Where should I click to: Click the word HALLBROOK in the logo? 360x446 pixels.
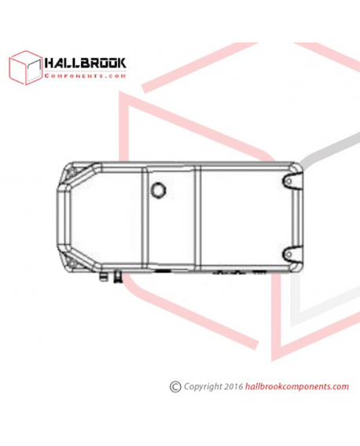pos(85,63)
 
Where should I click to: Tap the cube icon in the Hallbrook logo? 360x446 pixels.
pos(26,68)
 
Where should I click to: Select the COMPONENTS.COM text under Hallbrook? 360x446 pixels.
pos(85,76)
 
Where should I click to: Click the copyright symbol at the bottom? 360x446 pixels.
pos(175,387)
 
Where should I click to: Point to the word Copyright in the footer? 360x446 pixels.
pos(203,387)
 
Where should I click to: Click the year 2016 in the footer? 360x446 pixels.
pos(233,386)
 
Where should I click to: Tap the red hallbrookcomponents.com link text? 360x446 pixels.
pos(297,386)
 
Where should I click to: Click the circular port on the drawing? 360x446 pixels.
pos(158,190)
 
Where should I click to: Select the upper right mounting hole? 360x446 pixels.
pos(288,181)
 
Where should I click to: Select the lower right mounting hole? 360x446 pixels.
pos(288,254)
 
